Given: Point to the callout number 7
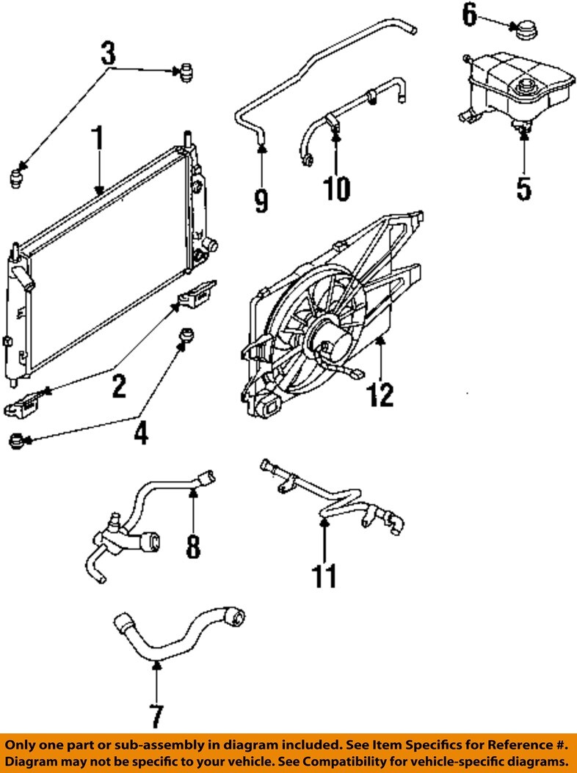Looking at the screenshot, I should [156, 715].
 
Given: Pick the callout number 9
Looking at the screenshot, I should [261, 199].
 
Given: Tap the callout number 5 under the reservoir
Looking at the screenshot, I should [523, 187].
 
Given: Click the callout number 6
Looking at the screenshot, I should [470, 13].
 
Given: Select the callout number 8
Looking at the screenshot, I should [192, 546].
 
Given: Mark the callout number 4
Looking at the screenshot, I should [140, 432].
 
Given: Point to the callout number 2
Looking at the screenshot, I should [118, 385].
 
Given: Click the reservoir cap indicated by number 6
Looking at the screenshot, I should [524, 31].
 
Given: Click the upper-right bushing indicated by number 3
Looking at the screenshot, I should [186, 73].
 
